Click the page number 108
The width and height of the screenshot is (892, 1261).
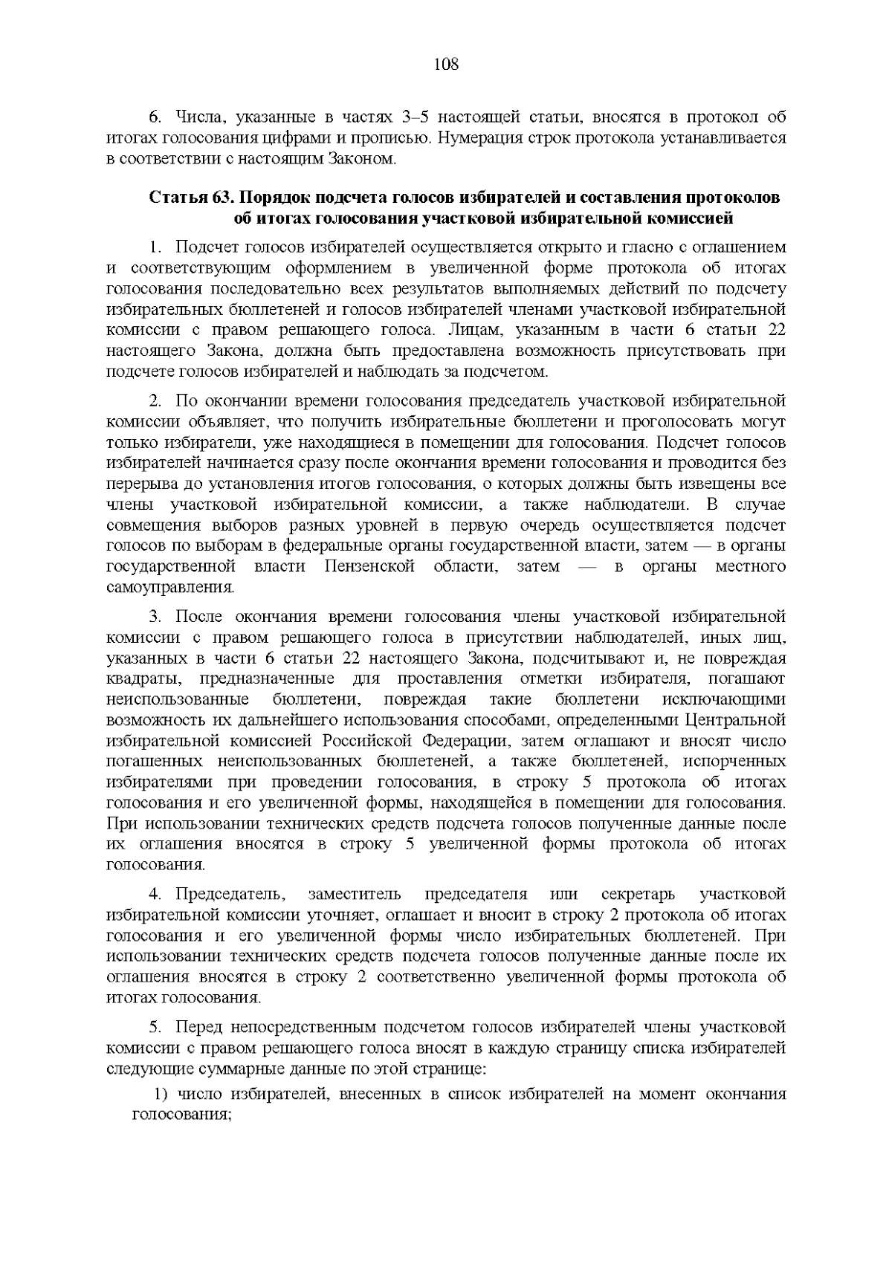(446, 65)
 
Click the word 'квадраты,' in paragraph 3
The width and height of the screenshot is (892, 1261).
(139, 679)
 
